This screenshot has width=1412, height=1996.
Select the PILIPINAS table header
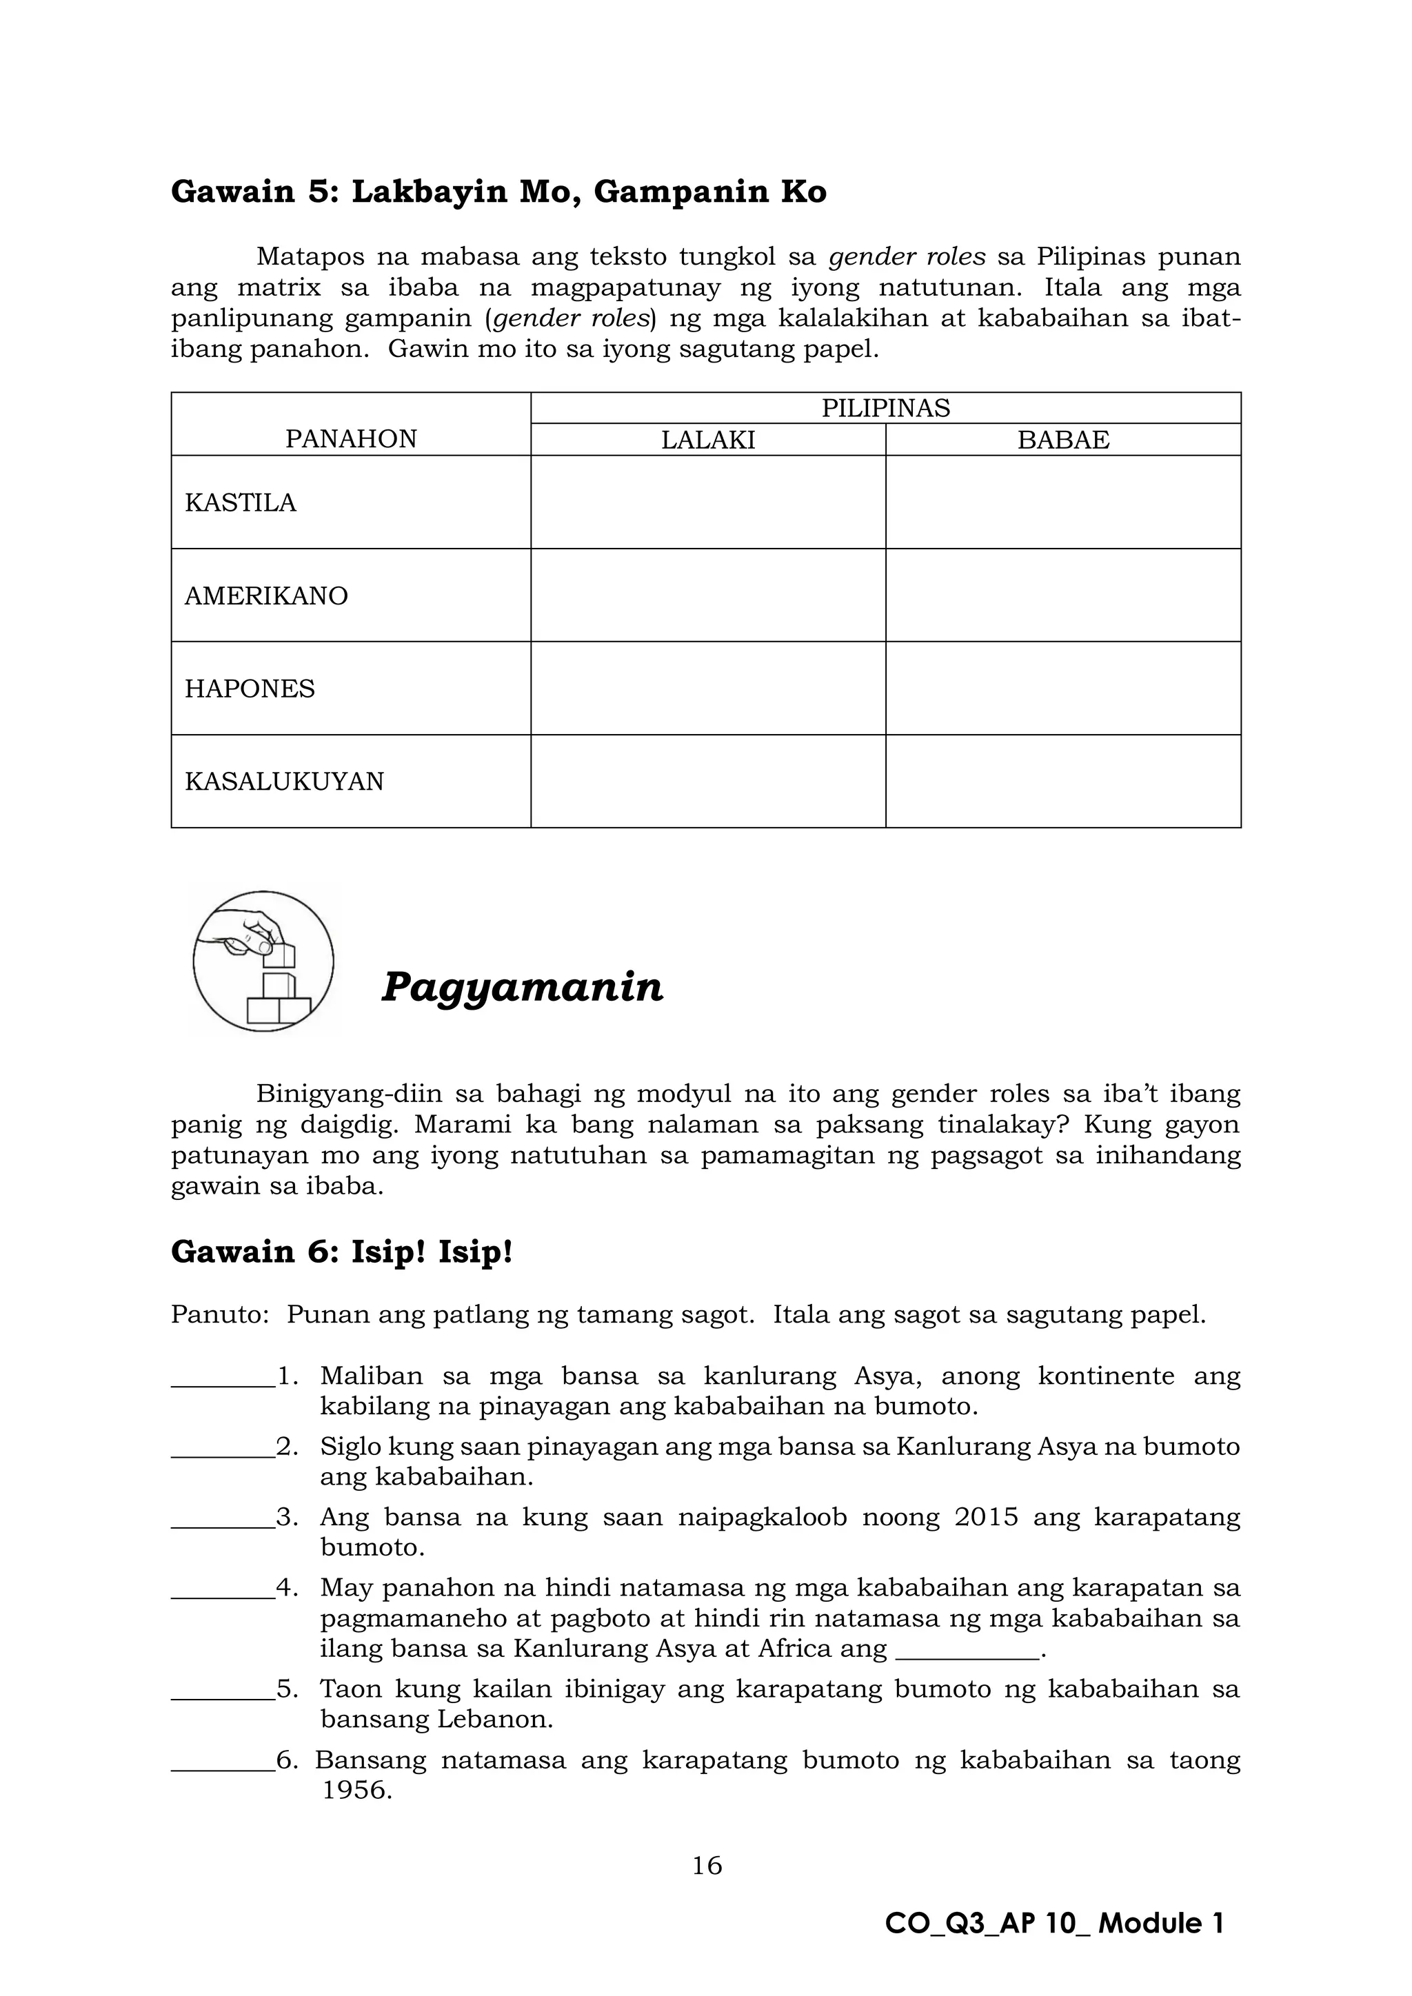[x=885, y=408]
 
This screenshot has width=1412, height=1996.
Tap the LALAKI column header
[x=708, y=440]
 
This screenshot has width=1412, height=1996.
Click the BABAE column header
[x=1062, y=440]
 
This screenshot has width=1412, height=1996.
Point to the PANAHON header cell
[x=350, y=438]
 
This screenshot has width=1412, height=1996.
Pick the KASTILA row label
[x=240, y=502]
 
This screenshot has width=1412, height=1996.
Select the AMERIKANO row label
[x=266, y=595]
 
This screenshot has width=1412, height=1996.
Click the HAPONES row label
[x=250, y=689]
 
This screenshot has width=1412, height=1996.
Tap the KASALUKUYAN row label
[x=284, y=781]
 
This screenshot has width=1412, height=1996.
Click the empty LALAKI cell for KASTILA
[x=708, y=502]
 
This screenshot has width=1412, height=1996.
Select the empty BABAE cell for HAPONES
[x=1062, y=689]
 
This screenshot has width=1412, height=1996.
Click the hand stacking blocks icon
[x=263, y=961]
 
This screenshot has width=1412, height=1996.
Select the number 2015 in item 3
[x=985, y=1517]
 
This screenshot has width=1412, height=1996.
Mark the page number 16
[x=707, y=1865]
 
